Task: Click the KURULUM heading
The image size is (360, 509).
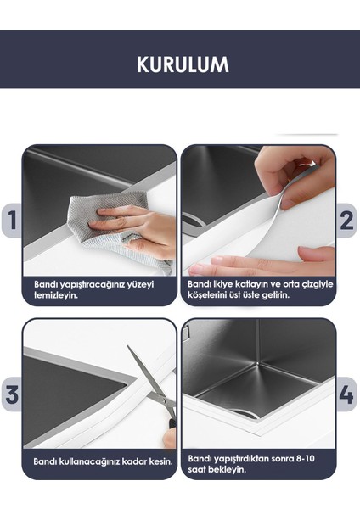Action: pos(183,64)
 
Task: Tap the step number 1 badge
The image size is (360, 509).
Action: pos(12,220)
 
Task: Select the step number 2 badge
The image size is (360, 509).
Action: pos(346,221)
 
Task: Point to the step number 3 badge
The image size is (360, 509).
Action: pos(12,394)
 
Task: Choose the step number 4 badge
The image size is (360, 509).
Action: pos(346,394)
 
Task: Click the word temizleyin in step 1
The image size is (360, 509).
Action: pos(56,295)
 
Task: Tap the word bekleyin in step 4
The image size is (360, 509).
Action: pos(227,469)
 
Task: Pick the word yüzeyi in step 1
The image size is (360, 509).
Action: pos(140,285)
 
